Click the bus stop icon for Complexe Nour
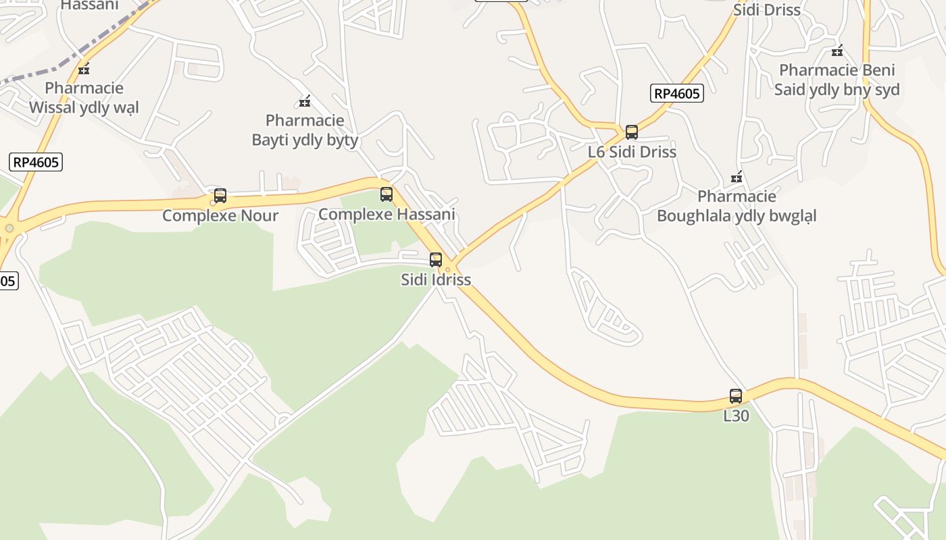click(x=220, y=196)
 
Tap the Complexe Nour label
click(x=220, y=216)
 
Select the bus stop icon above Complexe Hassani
click(x=387, y=194)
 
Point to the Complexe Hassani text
click(x=387, y=215)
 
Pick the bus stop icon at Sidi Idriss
click(x=436, y=259)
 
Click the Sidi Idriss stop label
click(x=436, y=279)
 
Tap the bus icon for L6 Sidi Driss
click(x=632, y=132)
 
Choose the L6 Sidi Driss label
click(x=632, y=152)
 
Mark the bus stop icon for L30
click(x=736, y=396)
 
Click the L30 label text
click(x=736, y=416)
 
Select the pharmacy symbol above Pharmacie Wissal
click(x=84, y=68)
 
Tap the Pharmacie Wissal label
click(x=84, y=98)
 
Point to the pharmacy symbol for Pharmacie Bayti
click(x=305, y=101)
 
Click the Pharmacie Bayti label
click(x=305, y=130)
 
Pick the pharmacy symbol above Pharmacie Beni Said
click(x=837, y=51)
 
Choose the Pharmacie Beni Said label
click(x=837, y=80)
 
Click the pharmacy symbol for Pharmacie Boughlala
click(x=737, y=177)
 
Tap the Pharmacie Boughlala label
click(x=737, y=206)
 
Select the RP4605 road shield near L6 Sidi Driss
click(x=677, y=93)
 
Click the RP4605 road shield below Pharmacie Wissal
click(x=36, y=162)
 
